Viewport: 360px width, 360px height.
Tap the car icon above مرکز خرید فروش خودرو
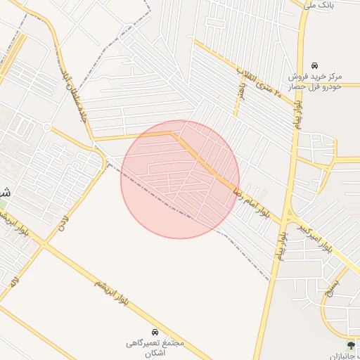coord(314,64)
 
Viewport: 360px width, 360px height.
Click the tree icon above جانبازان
coord(351,345)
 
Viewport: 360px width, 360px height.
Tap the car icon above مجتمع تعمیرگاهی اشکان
coord(154,331)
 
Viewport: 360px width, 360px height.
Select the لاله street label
coord(14,281)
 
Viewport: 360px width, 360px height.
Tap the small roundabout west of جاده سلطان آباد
coord(47,127)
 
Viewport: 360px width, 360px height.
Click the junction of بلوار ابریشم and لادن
coord(44,244)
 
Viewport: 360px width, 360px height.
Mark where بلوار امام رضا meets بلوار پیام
coord(288,210)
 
